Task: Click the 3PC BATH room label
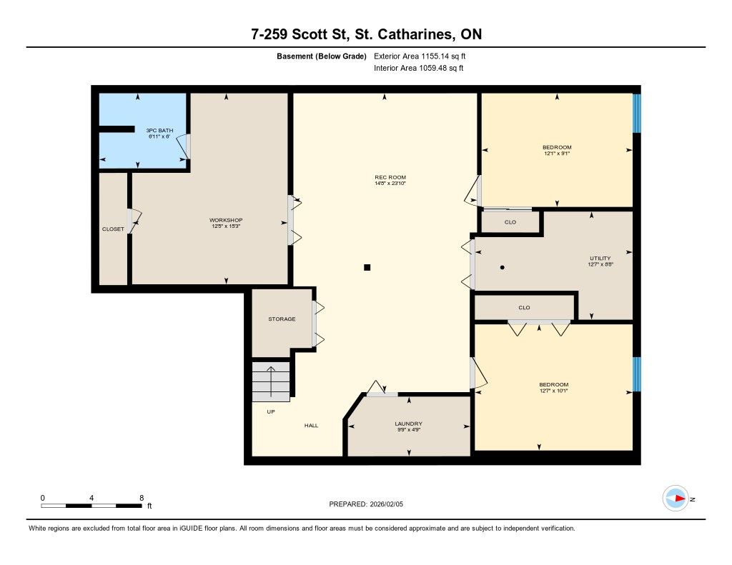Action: pos(159,131)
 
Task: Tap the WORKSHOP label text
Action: pos(226,220)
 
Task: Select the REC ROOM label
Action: pos(390,177)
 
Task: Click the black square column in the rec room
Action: pos(367,267)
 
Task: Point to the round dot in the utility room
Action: pos(503,267)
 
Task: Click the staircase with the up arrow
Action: pos(271,381)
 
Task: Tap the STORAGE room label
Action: pos(282,319)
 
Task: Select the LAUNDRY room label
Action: pos(408,424)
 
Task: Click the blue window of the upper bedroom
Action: pos(637,114)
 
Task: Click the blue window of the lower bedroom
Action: pos(637,374)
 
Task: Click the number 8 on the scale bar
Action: pos(142,498)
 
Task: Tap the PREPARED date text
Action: pos(366,504)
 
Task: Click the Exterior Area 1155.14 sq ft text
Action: pos(420,56)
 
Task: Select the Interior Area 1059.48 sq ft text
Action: pos(419,68)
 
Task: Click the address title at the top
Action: pos(367,34)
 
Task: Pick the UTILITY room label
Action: pos(600,259)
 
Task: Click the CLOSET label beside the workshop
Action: pos(114,229)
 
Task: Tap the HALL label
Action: pos(312,426)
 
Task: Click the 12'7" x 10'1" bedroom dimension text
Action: pos(554,391)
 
